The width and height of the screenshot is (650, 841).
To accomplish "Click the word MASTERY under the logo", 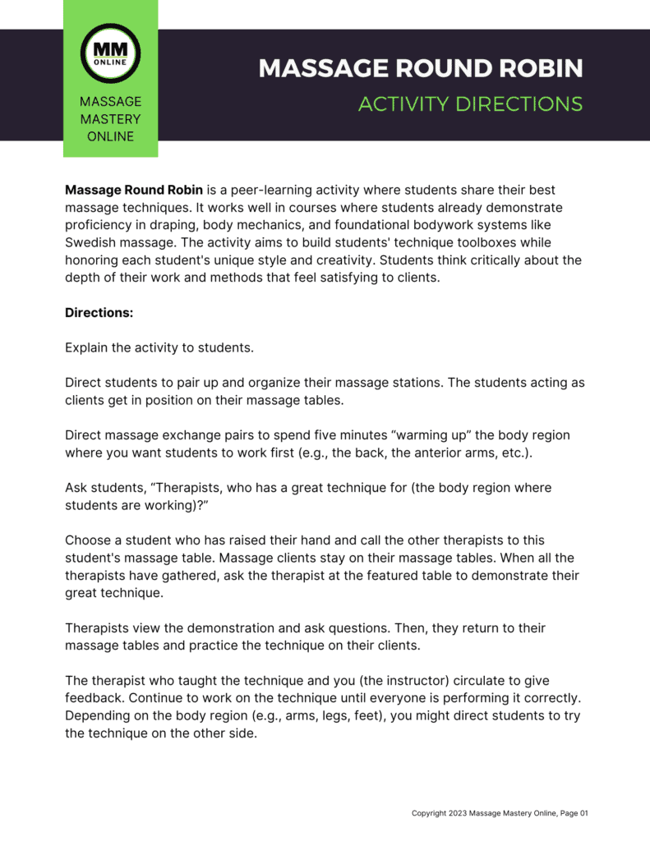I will (110, 119).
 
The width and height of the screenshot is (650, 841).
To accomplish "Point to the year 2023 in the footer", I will (457, 813).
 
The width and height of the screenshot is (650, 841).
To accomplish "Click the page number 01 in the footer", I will (583, 813).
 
